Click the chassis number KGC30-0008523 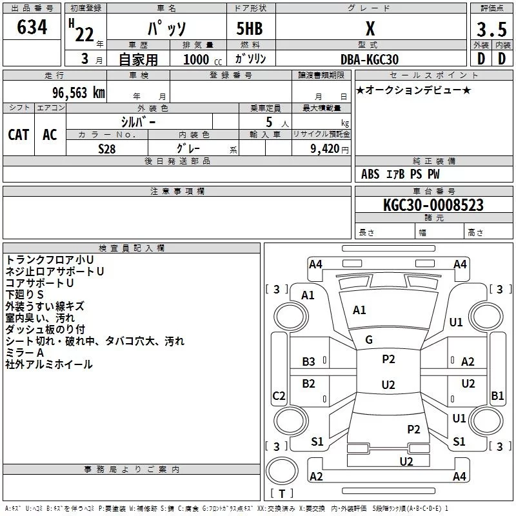(433, 205)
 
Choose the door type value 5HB (250, 28)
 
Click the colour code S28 (106, 148)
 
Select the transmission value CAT (18, 134)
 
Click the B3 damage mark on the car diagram (309, 362)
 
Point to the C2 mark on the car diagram (279, 396)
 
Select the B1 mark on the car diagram (497, 396)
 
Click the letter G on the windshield (369, 340)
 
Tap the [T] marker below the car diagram (281, 494)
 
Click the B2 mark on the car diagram (309, 384)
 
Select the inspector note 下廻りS (25, 294)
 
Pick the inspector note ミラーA (25, 353)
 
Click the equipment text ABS (370, 174)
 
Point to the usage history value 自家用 (139, 59)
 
